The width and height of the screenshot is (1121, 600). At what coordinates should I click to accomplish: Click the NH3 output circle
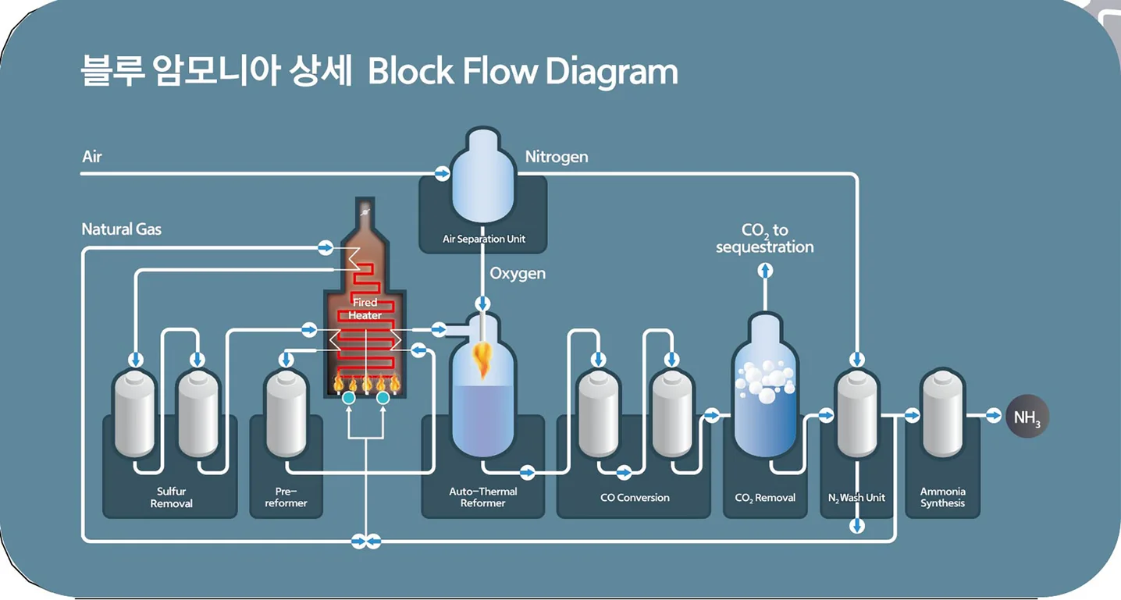pyautogui.click(x=1027, y=417)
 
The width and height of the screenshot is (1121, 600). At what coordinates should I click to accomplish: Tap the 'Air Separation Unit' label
pyautogui.click(x=483, y=239)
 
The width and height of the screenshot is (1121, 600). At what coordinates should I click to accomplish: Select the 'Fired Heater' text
pyautogui.click(x=365, y=308)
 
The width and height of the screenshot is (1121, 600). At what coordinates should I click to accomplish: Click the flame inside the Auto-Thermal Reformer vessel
pyautogui.click(x=482, y=360)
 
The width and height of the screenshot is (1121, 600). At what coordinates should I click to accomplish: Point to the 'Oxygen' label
pyautogui.click(x=518, y=274)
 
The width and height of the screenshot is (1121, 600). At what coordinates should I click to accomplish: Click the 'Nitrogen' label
pyautogui.click(x=557, y=157)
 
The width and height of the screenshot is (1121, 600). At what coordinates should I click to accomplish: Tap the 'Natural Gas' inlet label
pyautogui.click(x=121, y=229)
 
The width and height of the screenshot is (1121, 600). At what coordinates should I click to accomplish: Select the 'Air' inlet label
pyautogui.click(x=92, y=157)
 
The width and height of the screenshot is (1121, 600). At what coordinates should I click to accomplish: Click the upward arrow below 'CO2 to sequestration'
pyautogui.click(x=765, y=271)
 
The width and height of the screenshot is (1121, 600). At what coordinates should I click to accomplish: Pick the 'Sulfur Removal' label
pyautogui.click(x=171, y=497)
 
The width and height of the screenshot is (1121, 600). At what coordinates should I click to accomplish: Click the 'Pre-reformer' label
pyautogui.click(x=286, y=497)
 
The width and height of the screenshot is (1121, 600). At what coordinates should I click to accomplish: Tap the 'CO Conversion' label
pyautogui.click(x=634, y=497)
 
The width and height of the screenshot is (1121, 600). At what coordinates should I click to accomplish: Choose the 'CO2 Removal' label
pyautogui.click(x=765, y=498)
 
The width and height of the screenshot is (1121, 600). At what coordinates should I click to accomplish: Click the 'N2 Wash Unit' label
pyautogui.click(x=856, y=498)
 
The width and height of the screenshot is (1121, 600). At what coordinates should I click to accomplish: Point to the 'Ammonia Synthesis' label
pyautogui.click(x=942, y=497)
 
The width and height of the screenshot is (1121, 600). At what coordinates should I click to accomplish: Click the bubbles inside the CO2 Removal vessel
pyautogui.click(x=764, y=381)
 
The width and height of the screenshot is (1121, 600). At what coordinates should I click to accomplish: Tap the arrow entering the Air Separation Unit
pyautogui.click(x=442, y=173)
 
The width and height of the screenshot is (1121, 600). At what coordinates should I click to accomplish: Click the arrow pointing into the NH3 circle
pyautogui.click(x=993, y=416)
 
